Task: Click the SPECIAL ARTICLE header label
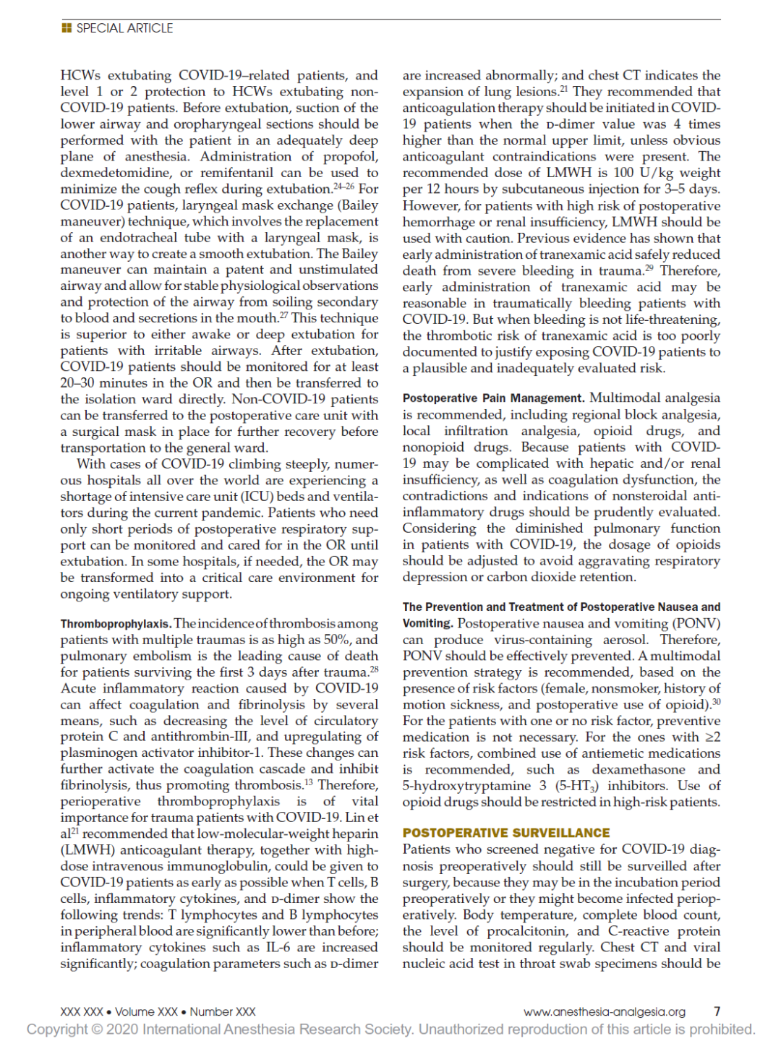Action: (x=124, y=28)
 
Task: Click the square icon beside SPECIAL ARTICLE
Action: (x=67, y=28)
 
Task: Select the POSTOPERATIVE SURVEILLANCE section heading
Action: (x=505, y=833)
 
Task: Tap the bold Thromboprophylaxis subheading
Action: (x=115, y=624)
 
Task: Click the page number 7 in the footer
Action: (x=717, y=1011)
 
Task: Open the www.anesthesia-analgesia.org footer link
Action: (x=604, y=1011)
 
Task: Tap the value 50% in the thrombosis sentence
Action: (x=336, y=640)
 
